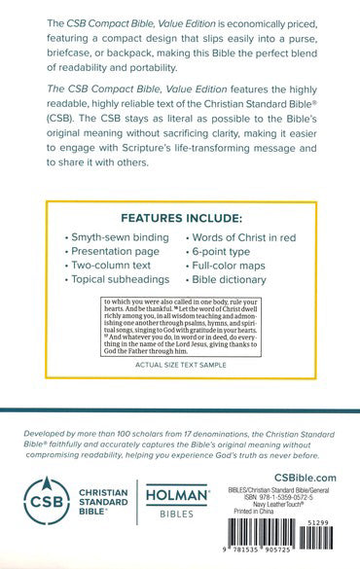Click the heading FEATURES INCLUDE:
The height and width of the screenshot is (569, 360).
[x=180, y=218]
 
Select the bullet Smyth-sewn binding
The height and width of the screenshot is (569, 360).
[x=112, y=237]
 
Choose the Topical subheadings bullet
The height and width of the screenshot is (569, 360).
[x=115, y=279]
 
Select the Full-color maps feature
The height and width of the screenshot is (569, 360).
[x=232, y=265]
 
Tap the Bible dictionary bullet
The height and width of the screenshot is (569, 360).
[x=232, y=279]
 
